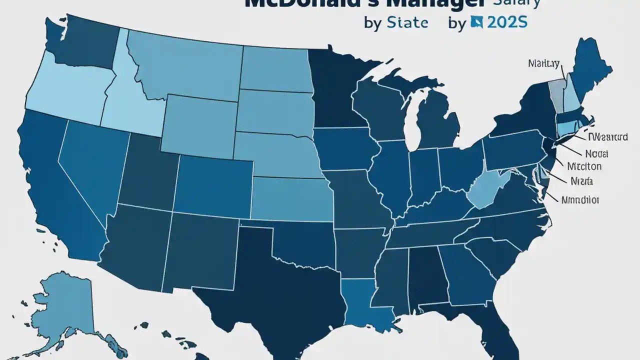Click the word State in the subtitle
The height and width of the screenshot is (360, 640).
click(x=407, y=23)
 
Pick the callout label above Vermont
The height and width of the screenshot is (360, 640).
click(x=544, y=63)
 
